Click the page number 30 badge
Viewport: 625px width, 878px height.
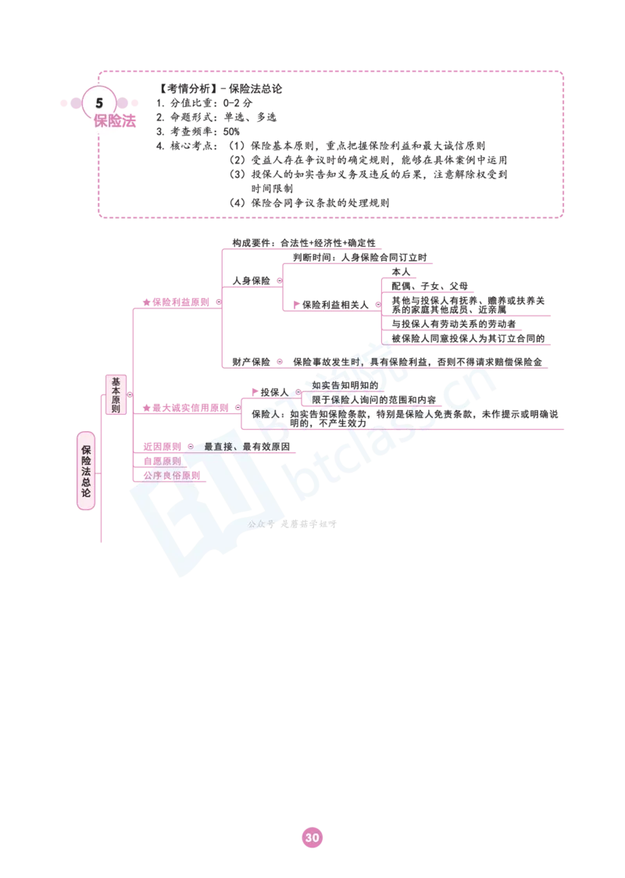[312, 837]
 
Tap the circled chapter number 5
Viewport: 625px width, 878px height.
[99, 103]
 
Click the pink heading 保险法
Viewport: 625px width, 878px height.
[115, 121]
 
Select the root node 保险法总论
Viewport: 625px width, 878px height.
[86, 471]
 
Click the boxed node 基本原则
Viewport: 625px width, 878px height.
[116, 394]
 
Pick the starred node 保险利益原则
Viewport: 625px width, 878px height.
[176, 302]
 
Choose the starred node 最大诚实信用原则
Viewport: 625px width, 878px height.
[185, 408]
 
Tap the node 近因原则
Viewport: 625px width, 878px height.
[162, 447]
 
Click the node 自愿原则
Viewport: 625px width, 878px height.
[162, 462]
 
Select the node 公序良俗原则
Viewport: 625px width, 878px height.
[171, 476]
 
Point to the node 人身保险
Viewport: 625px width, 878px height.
[251, 280]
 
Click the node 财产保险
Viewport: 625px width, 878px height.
[251, 362]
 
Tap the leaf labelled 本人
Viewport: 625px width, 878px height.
[401, 272]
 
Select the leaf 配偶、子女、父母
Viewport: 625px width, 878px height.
[430, 286]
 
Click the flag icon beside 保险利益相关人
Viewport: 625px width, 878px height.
[297, 305]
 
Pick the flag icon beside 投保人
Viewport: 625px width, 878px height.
[255, 392]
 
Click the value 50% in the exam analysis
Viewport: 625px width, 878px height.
[231, 131]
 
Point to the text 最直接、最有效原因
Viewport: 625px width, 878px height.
[247, 447]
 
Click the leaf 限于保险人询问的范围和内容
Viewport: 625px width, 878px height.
[373, 400]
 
